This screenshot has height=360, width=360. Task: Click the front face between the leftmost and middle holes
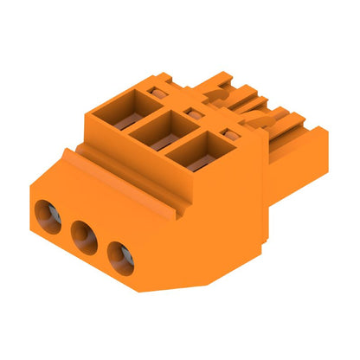click(x=66, y=227)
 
